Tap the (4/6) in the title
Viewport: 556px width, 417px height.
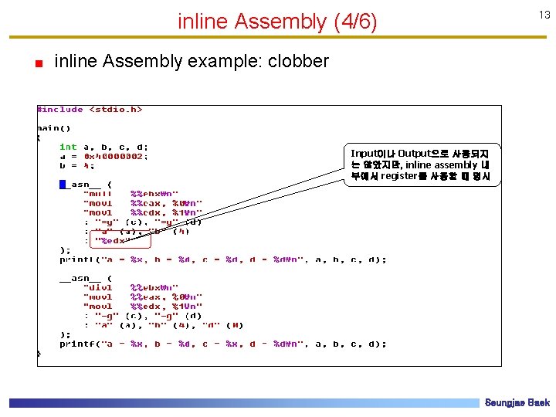354,22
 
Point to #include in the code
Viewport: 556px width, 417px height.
61,110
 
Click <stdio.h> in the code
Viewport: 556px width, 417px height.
116,110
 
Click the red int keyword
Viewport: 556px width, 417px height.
68,147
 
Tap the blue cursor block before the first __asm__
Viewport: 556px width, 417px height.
63,184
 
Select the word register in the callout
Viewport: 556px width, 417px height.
398,176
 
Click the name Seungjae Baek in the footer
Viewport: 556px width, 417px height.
517,403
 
